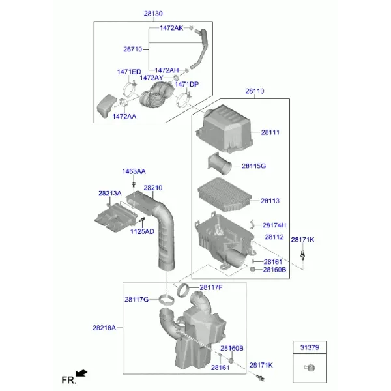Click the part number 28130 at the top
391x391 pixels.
click(x=153, y=14)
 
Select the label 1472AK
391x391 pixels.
click(x=171, y=28)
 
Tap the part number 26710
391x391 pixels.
click(x=133, y=49)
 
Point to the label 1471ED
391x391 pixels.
click(x=129, y=72)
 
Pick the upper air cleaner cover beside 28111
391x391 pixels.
click(x=224, y=128)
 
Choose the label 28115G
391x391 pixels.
click(x=254, y=166)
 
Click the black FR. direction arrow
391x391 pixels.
click(x=81, y=373)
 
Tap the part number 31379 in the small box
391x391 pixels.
click(x=310, y=347)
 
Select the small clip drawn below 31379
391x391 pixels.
click(x=310, y=368)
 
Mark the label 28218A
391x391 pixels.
click(x=104, y=328)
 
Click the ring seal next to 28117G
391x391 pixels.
click(x=167, y=300)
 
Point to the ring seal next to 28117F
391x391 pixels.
click(x=184, y=291)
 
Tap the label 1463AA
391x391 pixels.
click(x=134, y=171)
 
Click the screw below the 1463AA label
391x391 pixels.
click(x=134, y=185)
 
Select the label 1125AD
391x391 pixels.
click(x=142, y=231)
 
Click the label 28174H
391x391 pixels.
click(x=274, y=225)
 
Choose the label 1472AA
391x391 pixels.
click(x=124, y=117)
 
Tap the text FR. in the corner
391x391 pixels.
click(x=69, y=381)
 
